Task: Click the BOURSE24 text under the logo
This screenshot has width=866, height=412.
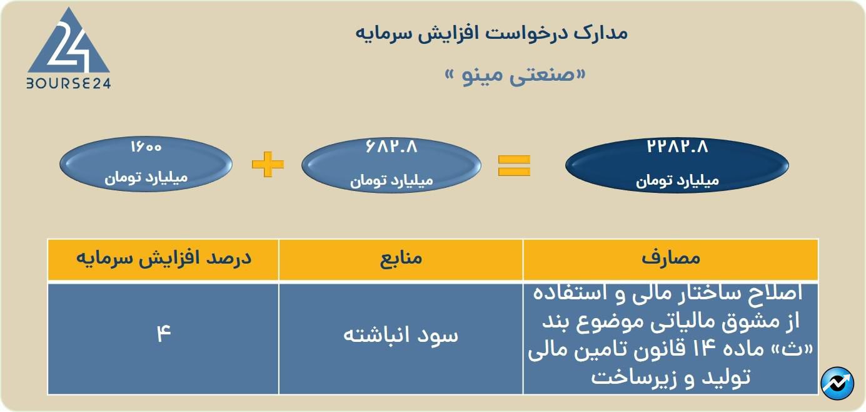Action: pos(69,83)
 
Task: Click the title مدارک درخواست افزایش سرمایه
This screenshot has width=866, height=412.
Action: pos(491,33)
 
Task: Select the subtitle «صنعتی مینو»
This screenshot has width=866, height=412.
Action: pos(515,75)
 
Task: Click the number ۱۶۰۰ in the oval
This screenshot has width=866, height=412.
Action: pos(146,147)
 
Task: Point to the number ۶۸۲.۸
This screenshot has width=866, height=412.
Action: pos(391,147)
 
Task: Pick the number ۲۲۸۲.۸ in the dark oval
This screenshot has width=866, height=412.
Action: pos(677,147)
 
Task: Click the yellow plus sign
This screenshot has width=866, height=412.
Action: pos(268,164)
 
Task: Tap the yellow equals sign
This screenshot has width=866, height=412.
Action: pos(514,165)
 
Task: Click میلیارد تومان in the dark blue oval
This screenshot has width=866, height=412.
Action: pos(677,181)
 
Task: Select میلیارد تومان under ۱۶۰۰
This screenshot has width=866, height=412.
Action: pos(146,178)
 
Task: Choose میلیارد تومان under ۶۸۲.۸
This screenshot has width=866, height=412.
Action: pos(391,181)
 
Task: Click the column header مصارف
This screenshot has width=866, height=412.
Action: pos(671,258)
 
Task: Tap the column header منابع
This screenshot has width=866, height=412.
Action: pos(401,258)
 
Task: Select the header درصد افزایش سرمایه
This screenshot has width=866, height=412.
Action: pos(164,258)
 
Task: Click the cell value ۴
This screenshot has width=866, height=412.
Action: pos(164,333)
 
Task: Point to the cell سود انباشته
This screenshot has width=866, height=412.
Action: pos(401,335)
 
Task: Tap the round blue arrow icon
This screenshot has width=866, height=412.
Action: pos(837,383)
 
